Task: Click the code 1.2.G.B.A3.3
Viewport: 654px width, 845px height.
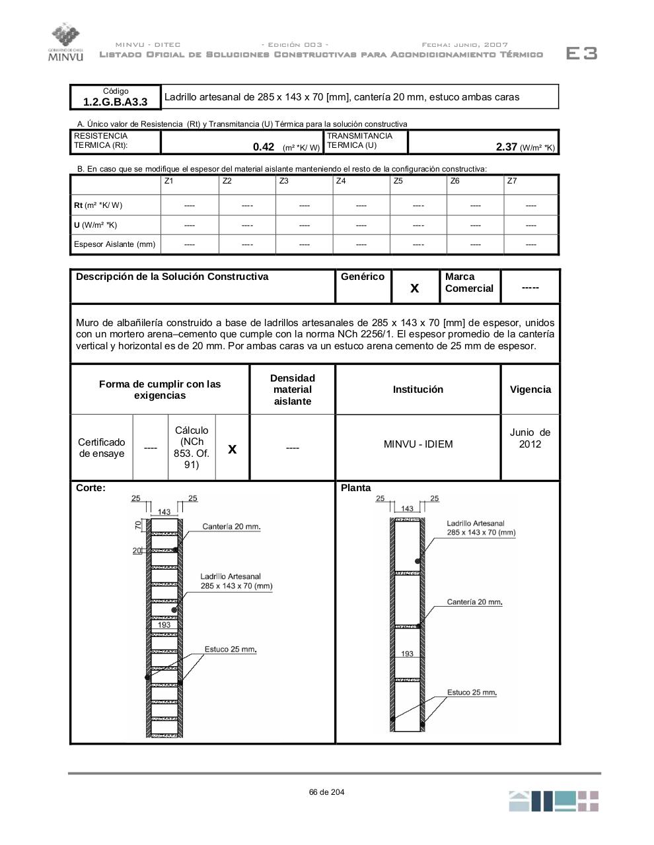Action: coord(115,102)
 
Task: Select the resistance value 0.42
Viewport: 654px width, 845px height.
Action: coord(264,147)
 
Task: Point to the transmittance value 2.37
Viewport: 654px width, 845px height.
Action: coord(507,147)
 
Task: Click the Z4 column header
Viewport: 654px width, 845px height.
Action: coord(341,181)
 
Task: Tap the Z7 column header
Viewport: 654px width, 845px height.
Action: coord(512,181)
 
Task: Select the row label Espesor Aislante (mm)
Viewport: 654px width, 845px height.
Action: coord(114,244)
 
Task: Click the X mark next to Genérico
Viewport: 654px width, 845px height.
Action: coord(415,288)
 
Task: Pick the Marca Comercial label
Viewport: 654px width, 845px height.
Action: coord(469,283)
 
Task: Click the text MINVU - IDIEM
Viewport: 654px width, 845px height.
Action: coord(418,444)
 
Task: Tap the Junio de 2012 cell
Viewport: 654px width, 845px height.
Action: coord(530,438)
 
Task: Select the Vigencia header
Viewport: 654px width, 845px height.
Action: coord(530,389)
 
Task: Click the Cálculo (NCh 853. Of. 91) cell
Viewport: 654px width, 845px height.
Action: coord(192,448)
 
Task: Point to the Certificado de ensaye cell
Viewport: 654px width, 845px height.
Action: coord(102,448)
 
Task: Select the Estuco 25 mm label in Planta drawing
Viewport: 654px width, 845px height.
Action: coord(472,693)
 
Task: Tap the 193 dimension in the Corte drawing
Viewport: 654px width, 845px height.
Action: coord(164,625)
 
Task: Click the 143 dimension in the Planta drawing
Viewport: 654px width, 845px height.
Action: coord(407,508)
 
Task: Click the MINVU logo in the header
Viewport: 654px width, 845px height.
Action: coord(65,43)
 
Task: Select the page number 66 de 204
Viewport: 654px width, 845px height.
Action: coord(326,792)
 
